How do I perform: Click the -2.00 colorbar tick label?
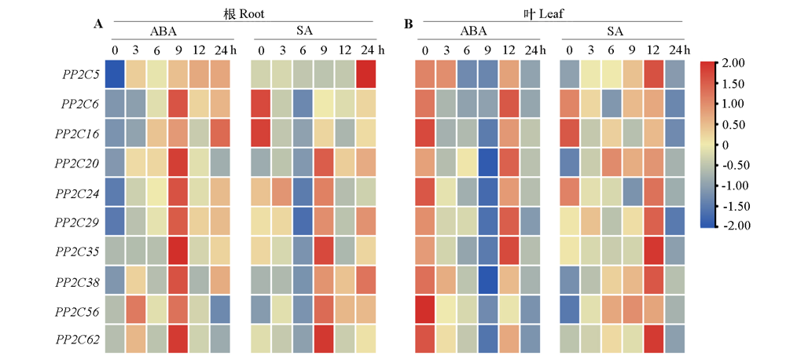[x=736, y=226]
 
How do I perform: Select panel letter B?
[x=409, y=24]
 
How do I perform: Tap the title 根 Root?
[x=244, y=13]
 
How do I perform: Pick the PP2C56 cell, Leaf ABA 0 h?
[x=425, y=310]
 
